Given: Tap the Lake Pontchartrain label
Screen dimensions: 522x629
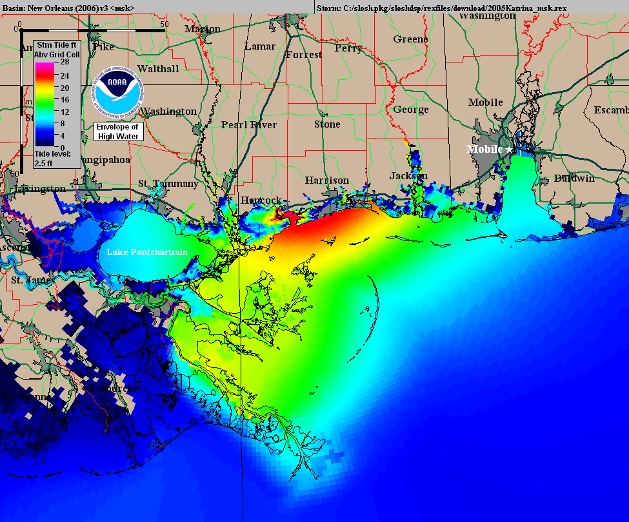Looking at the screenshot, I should [x=147, y=252].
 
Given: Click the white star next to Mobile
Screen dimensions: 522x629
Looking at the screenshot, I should [x=509, y=149].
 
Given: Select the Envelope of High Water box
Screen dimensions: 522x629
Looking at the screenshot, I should [x=117, y=131].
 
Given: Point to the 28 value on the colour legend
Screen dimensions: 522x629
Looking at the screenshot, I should [x=65, y=63].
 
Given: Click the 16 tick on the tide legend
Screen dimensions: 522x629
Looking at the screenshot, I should [x=65, y=99].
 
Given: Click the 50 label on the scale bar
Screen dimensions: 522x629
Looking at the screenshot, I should [x=165, y=24].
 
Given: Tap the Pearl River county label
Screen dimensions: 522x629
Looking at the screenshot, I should [x=248, y=124].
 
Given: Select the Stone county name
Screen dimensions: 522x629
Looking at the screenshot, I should [x=327, y=124].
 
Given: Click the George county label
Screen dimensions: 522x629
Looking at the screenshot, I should [x=411, y=110].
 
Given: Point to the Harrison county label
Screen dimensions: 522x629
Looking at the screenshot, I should [x=327, y=180].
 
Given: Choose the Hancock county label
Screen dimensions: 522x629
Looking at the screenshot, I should [x=261, y=200].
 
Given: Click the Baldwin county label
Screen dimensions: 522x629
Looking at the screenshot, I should [x=574, y=178].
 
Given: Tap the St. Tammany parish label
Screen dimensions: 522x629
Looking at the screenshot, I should [x=168, y=184].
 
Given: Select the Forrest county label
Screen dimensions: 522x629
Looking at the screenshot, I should [x=304, y=55].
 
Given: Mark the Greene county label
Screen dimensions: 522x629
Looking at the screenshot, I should [x=410, y=39].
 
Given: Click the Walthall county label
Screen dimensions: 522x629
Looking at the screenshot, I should [x=158, y=68].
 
